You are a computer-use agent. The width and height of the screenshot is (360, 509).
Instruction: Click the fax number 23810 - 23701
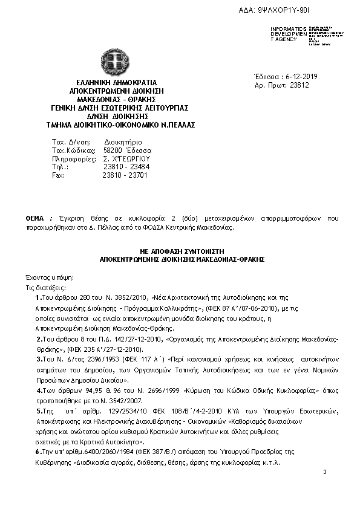point(126,175)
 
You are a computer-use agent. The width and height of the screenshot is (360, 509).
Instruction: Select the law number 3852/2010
point(125,298)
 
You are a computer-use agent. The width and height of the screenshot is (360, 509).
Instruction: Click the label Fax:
point(58,175)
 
